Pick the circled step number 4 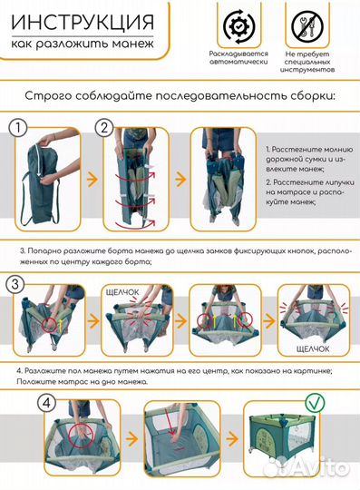(19, 402)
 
